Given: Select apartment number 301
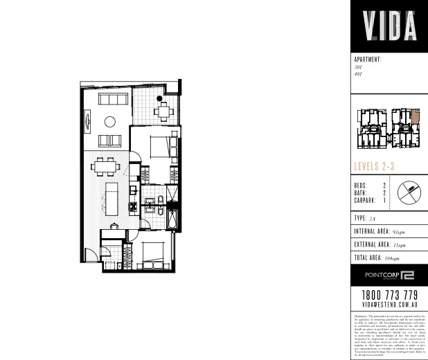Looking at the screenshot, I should click(358, 66).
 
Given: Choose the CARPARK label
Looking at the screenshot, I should click(366, 201).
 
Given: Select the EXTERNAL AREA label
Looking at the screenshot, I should click(371, 245).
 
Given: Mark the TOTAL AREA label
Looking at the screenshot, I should click(369, 258).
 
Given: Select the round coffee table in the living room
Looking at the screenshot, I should click(109, 122).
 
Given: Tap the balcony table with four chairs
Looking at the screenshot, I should click(161, 110).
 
